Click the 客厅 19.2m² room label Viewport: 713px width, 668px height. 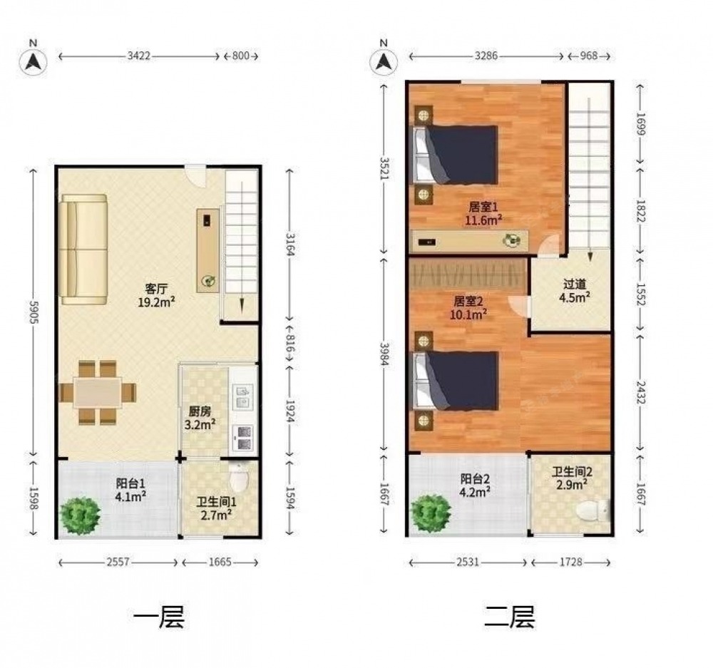pyautogui.click(x=156, y=295)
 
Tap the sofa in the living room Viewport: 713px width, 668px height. pyautogui.click(x=83, y=250)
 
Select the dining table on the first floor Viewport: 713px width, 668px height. pyautogui.click(x=98, y=392)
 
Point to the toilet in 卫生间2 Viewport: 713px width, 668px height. pyautogui.click(x=593, y=510)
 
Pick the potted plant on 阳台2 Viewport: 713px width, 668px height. pyautogui.click(x=431, y=513)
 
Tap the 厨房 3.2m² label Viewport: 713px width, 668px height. pyautogui.click(x=200, y=418)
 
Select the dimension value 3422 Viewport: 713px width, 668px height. pyautogui.click(x=139, y=56)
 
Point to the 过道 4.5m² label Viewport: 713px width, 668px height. pyautogui.click(x=575, y=291)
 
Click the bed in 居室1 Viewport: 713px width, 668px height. pyautogui.click(x=455, y=155)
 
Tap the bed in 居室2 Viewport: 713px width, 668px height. pyautogui.click(x=455, y=381)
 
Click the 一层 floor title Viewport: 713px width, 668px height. pyautogui.click(x=159, y=617)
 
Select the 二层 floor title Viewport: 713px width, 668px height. pyautogui.click(x=509, y=617)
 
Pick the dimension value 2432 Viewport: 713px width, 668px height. pyautogui.click(x=640, y=392)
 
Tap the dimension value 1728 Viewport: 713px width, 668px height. pyautogui.click(x=570, y=562)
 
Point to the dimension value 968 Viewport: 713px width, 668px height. pyautogui.click(x=588, y=56)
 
